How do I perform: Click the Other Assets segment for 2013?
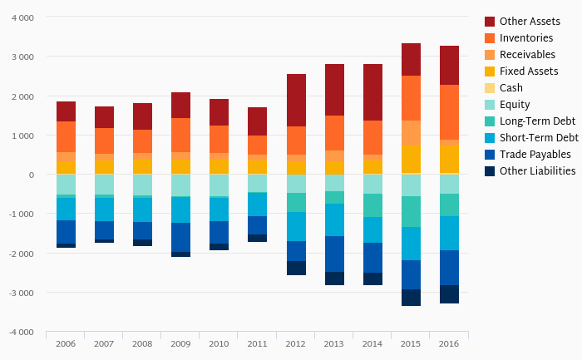coord(334,89)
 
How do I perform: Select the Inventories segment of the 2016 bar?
coord(449,112)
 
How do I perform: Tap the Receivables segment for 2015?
coord(411,133)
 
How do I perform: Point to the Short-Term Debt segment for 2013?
coord(334,219)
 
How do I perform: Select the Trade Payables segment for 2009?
coord(180,237)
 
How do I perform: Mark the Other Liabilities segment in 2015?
coord(411,297)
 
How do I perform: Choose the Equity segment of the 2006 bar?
coord(66,185)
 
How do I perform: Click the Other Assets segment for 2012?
coord(296,100)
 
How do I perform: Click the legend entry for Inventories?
coord(526,38)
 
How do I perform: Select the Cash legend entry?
coord(511,88)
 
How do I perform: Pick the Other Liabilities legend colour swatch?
coord(490,171)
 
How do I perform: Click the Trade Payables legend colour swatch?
coord(490,155)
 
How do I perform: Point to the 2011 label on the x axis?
coord(257,343)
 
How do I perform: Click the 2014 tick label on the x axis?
coord(372,343)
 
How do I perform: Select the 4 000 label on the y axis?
coord(23,17)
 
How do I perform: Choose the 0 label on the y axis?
coord(32,175)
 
